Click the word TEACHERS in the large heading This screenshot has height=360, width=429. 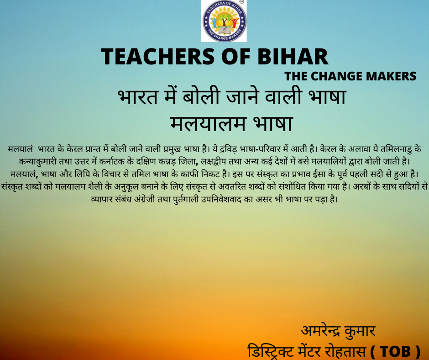(158, 57)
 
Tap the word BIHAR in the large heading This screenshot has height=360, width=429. (293, 57)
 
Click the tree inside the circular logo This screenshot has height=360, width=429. (224, 21)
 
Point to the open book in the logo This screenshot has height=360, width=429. (224, 29)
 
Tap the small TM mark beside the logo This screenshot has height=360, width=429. (241, 2)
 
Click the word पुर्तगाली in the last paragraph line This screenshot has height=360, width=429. (186, 199)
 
